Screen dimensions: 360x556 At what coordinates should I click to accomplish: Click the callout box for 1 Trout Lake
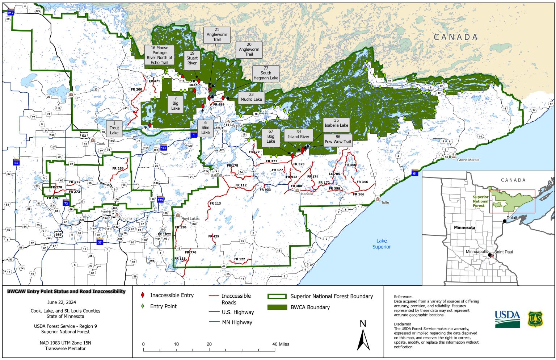(x=114, y=128)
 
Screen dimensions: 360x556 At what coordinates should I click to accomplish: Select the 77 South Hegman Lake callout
(x=266, y=73)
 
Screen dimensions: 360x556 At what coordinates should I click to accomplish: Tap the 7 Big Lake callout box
(x=175, y=104)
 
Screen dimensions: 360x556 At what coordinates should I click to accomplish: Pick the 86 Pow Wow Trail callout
(x=337, y=142)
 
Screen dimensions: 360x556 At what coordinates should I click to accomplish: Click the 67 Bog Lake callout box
(x=271, y=137)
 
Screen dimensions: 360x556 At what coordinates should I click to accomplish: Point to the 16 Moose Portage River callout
(x=159, y=55)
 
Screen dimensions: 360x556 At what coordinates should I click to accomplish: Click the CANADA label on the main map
(x=456, y=37)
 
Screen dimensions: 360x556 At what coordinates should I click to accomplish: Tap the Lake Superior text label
(x=382, y=244)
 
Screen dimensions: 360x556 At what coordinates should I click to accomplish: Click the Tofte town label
(x=385, y=202)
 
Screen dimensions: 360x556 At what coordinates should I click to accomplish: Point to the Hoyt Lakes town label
(x=190, y=219)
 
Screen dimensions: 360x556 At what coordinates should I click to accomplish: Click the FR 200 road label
(x=136, y=89)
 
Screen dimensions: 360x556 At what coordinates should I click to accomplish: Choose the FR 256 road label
(x=118, y=168)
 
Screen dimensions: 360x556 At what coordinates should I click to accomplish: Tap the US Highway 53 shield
(x=84, y=136)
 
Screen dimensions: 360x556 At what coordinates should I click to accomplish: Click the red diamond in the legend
(x=143, y=296)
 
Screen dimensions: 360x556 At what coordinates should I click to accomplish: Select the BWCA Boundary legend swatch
(x=277, y=307)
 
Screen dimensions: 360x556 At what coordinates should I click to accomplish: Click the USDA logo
(x=507, y=319)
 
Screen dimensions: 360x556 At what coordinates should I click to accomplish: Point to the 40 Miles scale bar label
(x=281, y=344)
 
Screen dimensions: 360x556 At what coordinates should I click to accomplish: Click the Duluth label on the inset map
(x=512, y=218)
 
